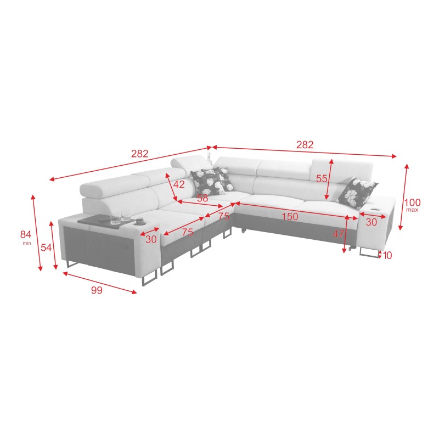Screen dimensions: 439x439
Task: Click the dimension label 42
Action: point(179,185)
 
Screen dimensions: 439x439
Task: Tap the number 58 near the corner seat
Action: point(202,198)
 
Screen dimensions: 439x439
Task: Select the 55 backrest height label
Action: point(322,178)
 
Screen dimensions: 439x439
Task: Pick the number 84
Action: point(26,234)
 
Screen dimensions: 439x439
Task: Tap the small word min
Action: point(26,243)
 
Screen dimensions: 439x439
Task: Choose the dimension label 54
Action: point(46,247)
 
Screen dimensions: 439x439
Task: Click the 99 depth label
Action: point(97,291)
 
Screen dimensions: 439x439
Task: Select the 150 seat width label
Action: point(290,217)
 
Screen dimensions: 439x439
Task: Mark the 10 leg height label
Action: point(387,255)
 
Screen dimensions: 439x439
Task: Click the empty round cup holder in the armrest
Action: point(377,209)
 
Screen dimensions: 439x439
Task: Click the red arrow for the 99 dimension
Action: point(99,282)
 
